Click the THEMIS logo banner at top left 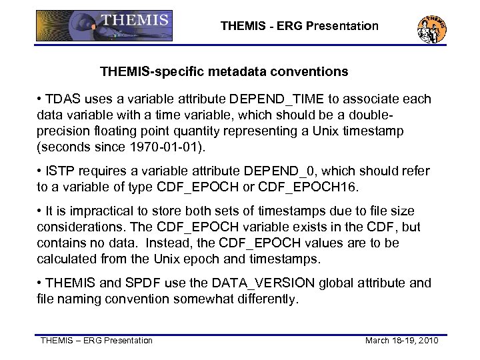pyautogui.click(x=104, y=25)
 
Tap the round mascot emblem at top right pyautogui.click(x=432, y=28)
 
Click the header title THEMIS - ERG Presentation pyautogui.click(x=299, y=27)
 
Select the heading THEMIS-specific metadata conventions pyautogui.click(x=224, y=70)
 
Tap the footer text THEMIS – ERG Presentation pyautogui.click(x=97, y=341)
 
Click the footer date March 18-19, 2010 pyautogui.click(x=401, y=341)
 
